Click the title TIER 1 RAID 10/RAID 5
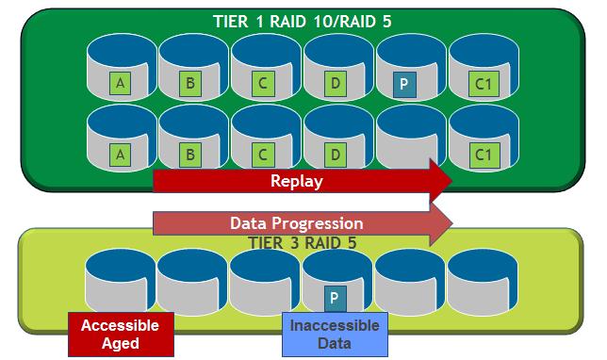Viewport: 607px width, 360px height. [x=303, y=23]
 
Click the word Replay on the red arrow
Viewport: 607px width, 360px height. [x=295, y=181]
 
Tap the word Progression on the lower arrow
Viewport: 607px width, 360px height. [x=324, y=223]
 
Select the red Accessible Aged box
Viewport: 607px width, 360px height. [x=119, y=335]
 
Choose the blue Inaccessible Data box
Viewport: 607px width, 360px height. [x=334, y=335]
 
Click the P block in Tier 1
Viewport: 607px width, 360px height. [x=403, y=84]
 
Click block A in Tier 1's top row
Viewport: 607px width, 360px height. [x=120, y=84]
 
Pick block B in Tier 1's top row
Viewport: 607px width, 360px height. [x=190, y=84]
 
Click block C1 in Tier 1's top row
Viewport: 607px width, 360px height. [x=482, y=84]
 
